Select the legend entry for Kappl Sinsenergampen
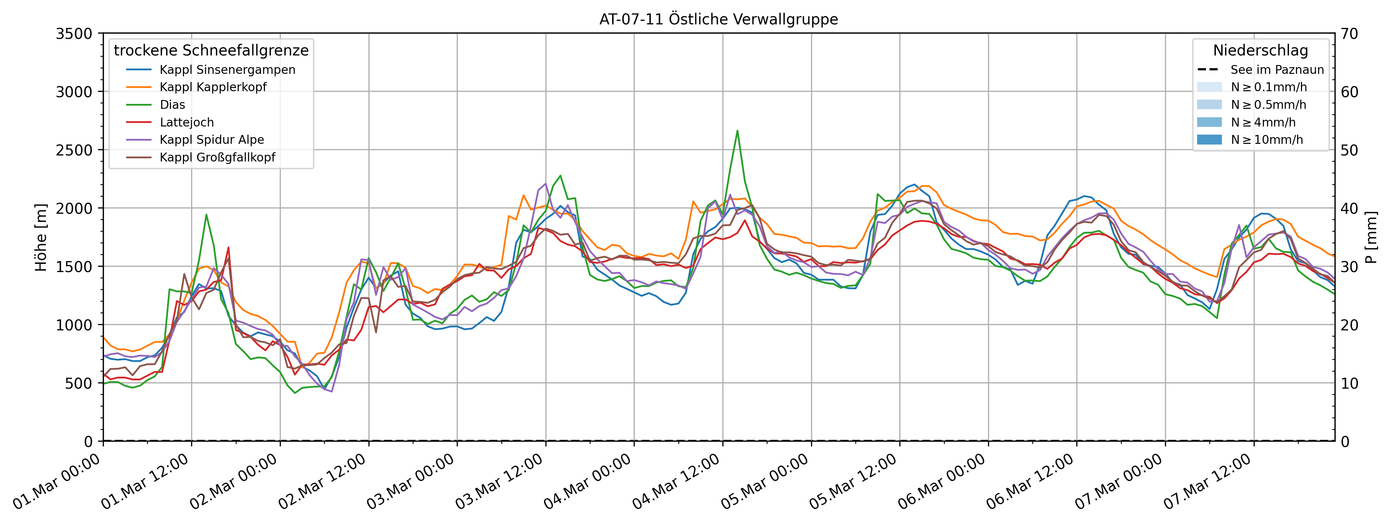click(227, 70)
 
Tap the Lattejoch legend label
click(187, 123)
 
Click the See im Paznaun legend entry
click(1277, 70)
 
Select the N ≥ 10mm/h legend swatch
click(1209, 140)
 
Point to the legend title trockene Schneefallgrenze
click(211, 50)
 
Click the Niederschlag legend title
click(1260, 50)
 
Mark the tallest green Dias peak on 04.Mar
click(737, 131)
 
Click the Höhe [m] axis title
click(41, 237)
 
